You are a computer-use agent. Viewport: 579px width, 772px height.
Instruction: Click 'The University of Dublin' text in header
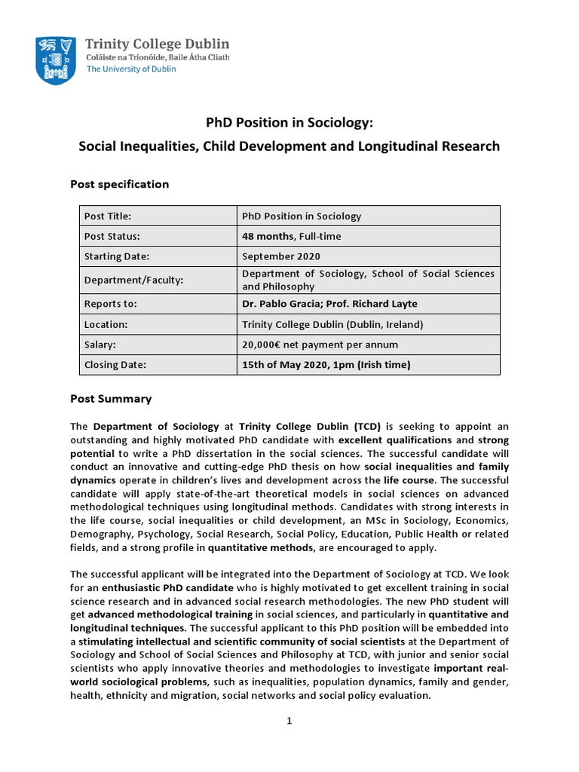tap(131, 69)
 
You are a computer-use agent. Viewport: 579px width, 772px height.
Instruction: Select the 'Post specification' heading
tap(119, 184)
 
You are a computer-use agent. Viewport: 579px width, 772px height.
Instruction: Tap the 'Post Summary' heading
tap(111, 399)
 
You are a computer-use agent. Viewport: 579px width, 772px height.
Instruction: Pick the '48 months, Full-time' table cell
tap(291, 236)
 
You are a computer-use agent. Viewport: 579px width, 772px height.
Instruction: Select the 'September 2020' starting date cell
tap(281, 256)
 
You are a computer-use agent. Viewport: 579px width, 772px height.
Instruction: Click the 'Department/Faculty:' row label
tap(134, 280)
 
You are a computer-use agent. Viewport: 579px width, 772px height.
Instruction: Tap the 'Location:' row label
tap(106, 324)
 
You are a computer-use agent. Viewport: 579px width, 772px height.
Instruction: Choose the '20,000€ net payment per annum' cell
tap(320, 345)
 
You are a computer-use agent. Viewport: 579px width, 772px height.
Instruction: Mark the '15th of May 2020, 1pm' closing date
tap(326, 365)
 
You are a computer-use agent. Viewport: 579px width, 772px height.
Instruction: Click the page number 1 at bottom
tap(289, 721)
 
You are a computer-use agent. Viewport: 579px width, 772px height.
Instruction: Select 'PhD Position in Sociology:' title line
tap(289, 122)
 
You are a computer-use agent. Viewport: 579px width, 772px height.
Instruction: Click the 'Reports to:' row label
tap(111, 304)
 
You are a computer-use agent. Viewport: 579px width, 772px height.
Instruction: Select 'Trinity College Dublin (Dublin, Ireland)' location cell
tap(332, 324)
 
